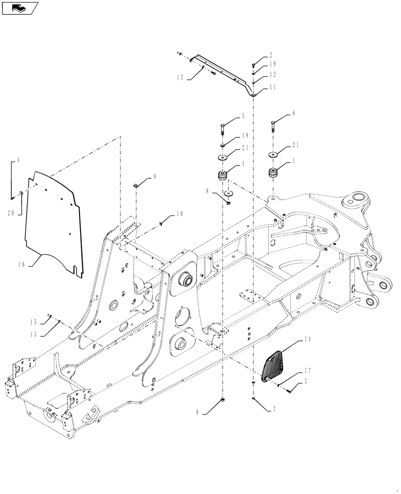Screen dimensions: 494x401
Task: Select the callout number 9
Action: coord(154,175)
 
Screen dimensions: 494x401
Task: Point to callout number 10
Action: coord(179,214)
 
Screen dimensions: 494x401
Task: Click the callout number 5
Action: coord(243,116)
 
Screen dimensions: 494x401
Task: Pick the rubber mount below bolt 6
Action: coord(274,174)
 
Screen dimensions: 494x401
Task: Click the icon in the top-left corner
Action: coord(19,7)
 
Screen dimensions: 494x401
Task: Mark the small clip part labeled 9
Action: coord(136,185)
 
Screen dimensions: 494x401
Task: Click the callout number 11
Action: coord(273,86)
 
